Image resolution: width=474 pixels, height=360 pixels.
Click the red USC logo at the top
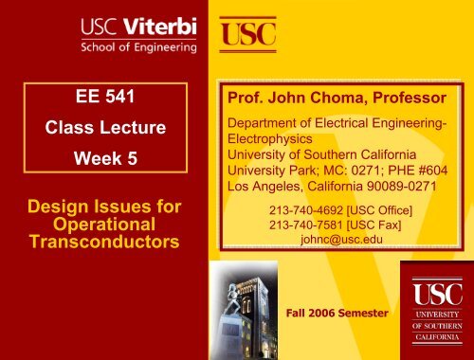tap(248, 33)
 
